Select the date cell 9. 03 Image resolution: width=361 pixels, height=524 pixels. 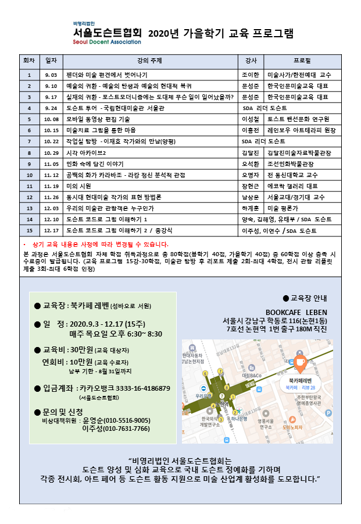click(x=51, y=75)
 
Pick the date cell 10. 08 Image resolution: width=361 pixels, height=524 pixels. click(x=51, y=119)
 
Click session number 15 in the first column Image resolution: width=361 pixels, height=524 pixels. click(x=28, y=231)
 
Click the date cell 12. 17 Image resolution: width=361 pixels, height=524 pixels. click(x=51, y=231)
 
